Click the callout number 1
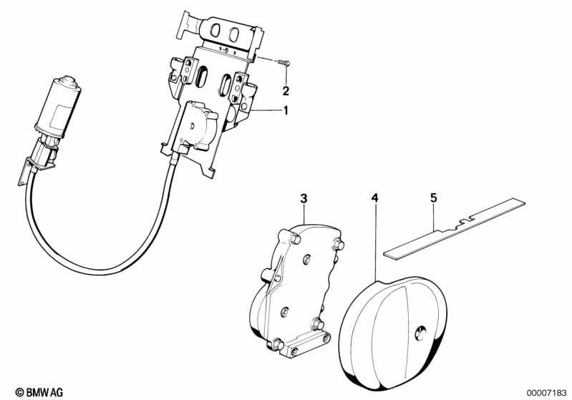[x=286, y=110]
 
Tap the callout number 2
[x=286, y=91]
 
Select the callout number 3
[x=304, y=199]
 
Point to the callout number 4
[x=374, y=198]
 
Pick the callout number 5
[x=433, y=198]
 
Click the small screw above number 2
[x=284, y=63]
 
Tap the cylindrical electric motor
[x=58, y=107]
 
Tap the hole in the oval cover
[x=421, y=333]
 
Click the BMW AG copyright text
[x=39, y=392]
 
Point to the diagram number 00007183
[x=546, y=393]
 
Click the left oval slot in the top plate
[x=215, y=31]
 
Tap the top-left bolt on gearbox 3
[x=296, y=240]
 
